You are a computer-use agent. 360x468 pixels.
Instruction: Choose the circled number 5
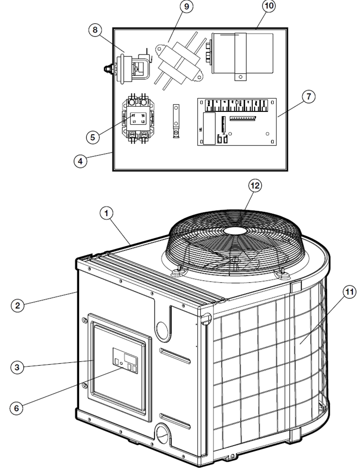point(92,137)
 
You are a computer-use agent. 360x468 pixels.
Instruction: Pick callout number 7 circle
point(309,97)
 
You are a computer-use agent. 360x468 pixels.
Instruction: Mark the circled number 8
point(95,30)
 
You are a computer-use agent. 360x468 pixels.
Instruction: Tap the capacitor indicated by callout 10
point(242,54)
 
